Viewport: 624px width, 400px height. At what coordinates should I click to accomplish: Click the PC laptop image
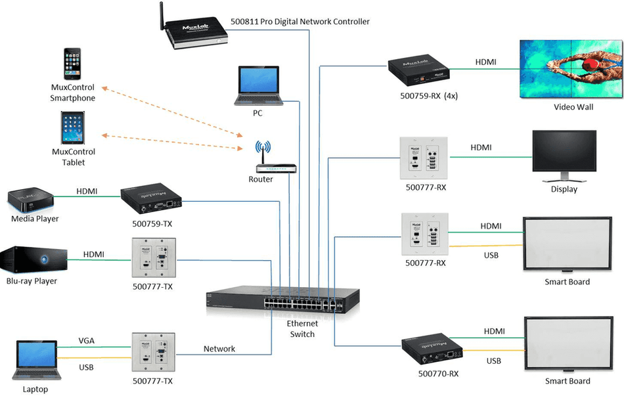pyautogui.click(x=258, y=85)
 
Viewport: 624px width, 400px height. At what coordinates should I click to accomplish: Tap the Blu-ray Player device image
pyautogui.click(x=35, y=259)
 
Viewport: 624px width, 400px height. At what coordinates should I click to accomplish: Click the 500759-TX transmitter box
pyautogui.click(x=150, y=200)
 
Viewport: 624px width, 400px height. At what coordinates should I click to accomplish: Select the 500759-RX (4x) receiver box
pyautogui.click(x=419, y=72)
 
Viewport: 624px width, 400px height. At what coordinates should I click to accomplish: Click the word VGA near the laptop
pyautogui.click(x=87, y=341)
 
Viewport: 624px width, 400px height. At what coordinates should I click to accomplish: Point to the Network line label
pyautogui.click(x=219, y=349)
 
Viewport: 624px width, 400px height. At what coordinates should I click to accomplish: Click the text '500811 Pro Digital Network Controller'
pyautogui.click(x=300, y=22)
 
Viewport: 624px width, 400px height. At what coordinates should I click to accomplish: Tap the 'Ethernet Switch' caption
pyautogui.click(x=302, y=329)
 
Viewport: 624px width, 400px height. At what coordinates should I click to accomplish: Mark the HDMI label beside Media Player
pyautogui.click(x=87, y=191)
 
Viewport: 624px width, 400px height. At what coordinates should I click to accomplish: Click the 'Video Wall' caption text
pyautogui.click(x=573, y=106)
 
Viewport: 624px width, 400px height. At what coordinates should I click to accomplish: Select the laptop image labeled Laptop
pyautogui.click(x=37, y=359)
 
